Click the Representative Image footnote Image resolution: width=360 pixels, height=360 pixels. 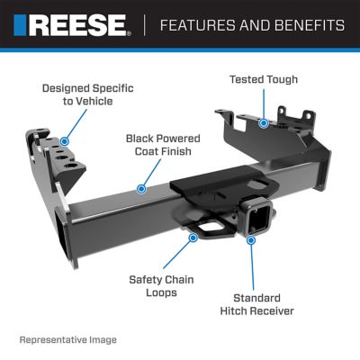click(x=67, y=340)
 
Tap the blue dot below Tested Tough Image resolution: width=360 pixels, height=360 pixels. click(x=263, y=121)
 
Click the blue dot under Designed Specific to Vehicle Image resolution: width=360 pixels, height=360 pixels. click(x=64, y=141)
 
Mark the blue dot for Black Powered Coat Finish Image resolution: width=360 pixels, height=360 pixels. click(x=140, y=190)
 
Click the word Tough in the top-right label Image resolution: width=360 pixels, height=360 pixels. click(x=279, y=80)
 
